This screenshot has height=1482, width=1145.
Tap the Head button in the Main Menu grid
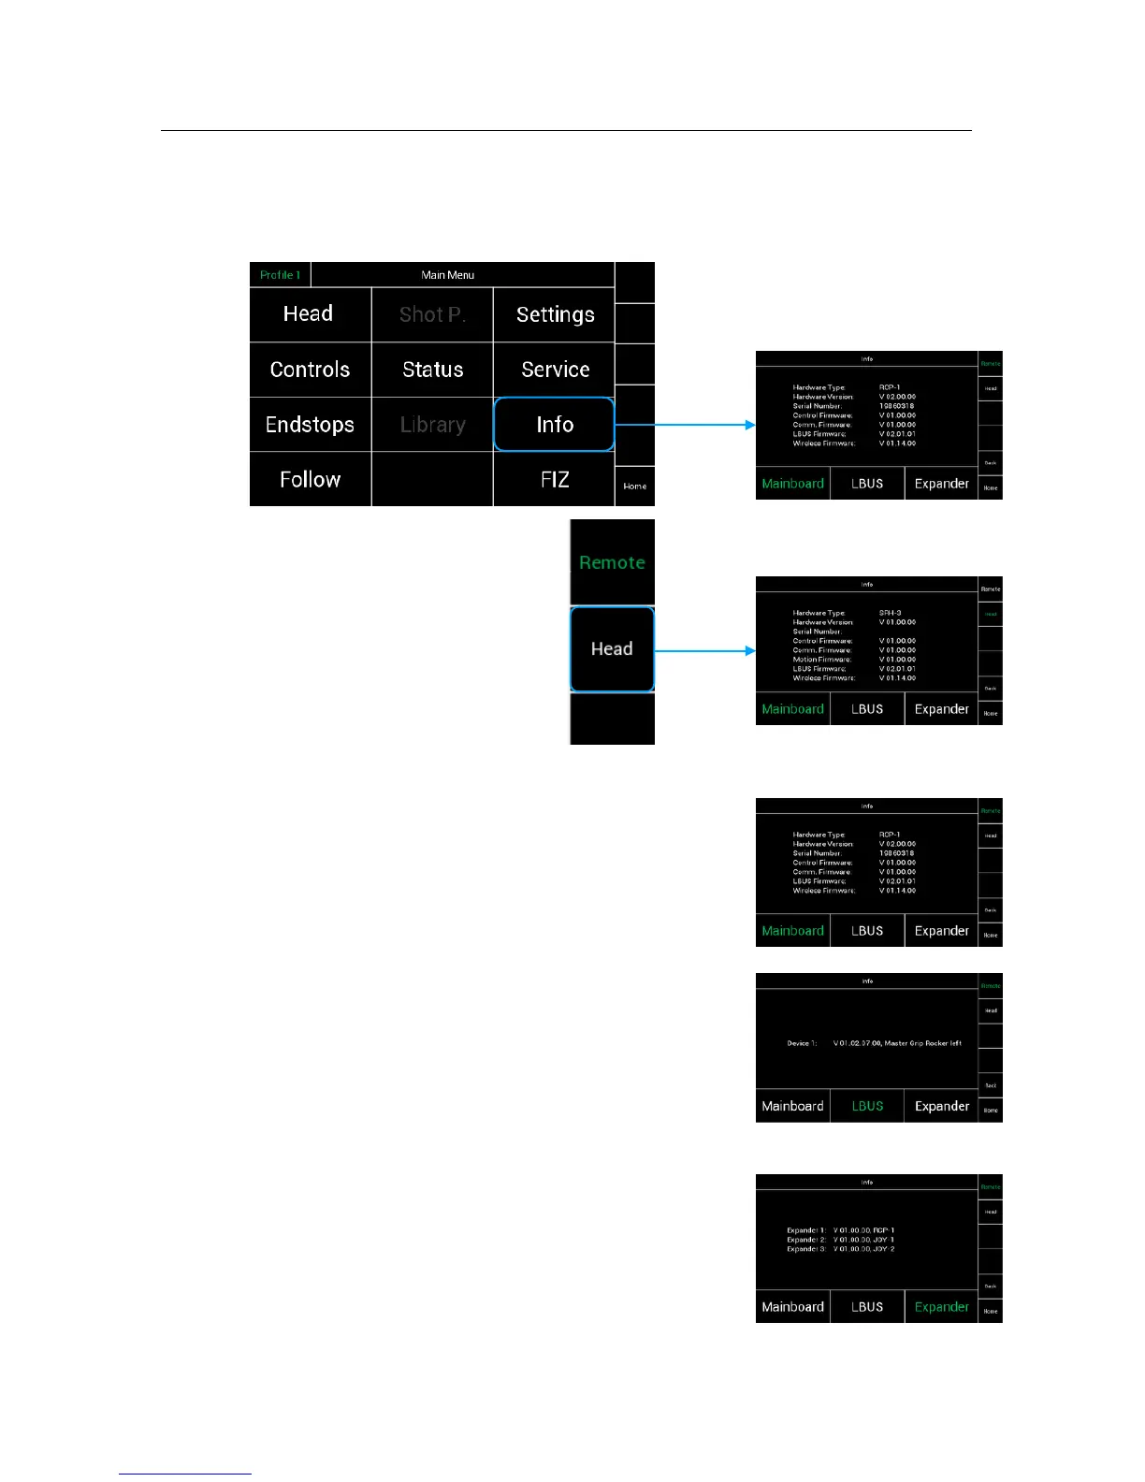[309, 314]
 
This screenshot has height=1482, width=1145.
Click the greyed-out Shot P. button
[432, 314]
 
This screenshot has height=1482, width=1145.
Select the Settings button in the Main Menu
[555, 314]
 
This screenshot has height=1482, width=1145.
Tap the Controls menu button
[310, 370]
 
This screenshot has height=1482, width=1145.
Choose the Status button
[432, 370]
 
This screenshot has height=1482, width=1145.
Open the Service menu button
[555, 370]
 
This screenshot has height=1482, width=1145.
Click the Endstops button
[310, 425]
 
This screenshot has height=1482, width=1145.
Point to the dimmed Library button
[432, 425]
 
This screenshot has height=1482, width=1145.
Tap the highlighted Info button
[555, 425]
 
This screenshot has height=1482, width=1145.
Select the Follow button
[310, 479]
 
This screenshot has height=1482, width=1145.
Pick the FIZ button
[555, 479]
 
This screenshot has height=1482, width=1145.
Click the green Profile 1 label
[280, 275]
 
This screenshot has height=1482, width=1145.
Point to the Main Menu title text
[448, 275]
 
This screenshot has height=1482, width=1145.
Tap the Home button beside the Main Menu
[635, 487]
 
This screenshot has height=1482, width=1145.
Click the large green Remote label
[612, 562]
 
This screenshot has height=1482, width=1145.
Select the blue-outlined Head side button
[612, 649]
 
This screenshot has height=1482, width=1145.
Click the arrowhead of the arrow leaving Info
[750, 425]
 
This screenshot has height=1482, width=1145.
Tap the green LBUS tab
[867, 1106]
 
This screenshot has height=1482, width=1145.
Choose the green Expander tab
[941, 1307]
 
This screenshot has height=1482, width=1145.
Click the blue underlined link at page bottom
[185, 1474]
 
